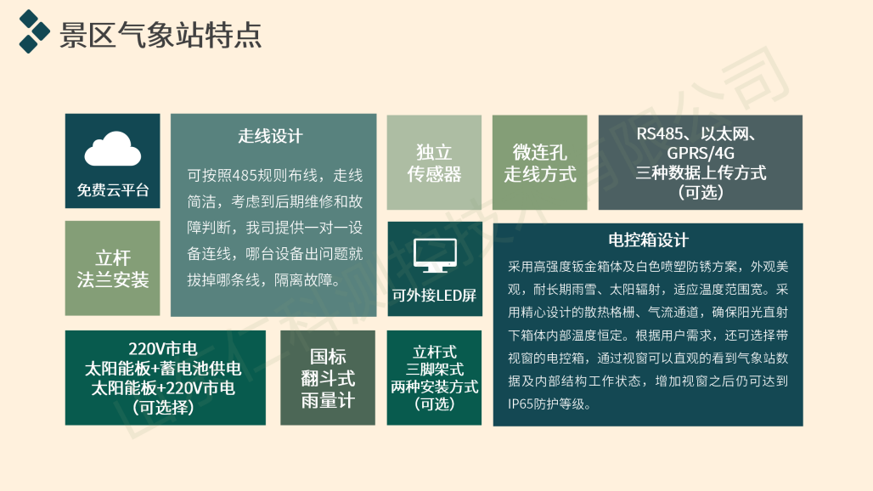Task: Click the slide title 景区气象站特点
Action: pos(160,35)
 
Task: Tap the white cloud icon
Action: pos(112,150)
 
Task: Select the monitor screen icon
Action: pos(434,255)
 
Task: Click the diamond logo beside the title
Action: pos(35,31)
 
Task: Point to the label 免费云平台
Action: pos(112,190)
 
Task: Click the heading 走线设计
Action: pos(270,136)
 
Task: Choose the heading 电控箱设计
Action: pos(648,240)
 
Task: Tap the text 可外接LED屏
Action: pos(434,296)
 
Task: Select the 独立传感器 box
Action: pos(434,163)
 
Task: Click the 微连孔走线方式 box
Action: pos(539,163)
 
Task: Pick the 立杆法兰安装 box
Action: pos(112,268)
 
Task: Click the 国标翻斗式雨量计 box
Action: pos(327,378)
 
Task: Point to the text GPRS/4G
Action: pos(700,154)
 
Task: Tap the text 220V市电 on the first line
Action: pos(163,349)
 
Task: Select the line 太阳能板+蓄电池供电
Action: pos(163,369)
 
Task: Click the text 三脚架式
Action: pos(434,370)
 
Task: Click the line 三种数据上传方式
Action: pos(700,173)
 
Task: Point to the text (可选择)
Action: pos(163,408)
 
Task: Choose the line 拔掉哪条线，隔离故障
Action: pos(263,280)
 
